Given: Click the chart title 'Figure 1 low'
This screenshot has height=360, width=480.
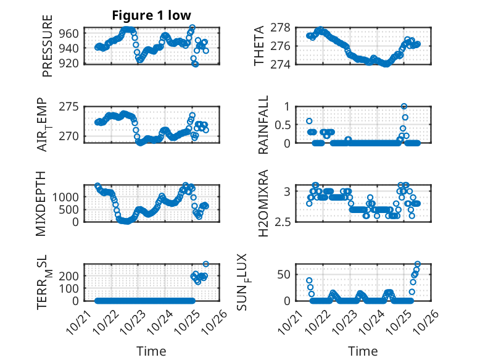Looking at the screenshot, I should [x=151, y=15].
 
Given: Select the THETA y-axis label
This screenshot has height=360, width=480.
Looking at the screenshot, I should [x=260, y=46].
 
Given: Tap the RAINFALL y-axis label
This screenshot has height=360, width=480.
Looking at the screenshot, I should [x=262, y=125].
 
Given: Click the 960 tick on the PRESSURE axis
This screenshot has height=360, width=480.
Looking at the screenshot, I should [x=70, y=33].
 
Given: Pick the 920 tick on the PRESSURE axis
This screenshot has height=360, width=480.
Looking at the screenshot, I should [x=70, y=63].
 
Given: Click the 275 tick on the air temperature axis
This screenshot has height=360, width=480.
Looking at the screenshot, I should [x=70, y=106].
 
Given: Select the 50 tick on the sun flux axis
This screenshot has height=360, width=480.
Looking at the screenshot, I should [x=283, y=275].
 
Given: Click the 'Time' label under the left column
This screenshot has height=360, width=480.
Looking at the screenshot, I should [x=151, y=351].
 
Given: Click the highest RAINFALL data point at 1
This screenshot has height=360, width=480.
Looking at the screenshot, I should [x=404, y=106].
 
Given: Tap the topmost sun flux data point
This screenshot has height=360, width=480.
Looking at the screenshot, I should [x=418, y=264].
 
